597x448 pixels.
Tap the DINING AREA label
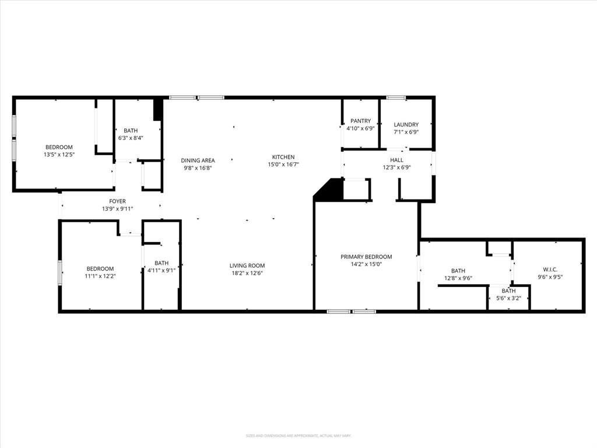[x=198, y=160]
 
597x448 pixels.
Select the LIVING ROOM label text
[x=247, y=265]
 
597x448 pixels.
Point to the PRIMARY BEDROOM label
[x=366, y=257]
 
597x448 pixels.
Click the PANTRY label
[x=360, y=121]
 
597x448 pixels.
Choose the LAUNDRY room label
[x=406, y=124]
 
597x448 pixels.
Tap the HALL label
[x=396, y=160]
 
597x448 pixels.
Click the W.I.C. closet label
[x=550, y=269]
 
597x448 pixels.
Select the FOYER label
[x=117, y=201]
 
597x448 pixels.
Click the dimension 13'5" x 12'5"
[x=59, y=155]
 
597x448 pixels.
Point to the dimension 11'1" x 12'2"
[x=100, y=276]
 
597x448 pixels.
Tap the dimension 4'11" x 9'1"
[x=161, y=270]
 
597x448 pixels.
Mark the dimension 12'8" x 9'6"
[x=458, y=278]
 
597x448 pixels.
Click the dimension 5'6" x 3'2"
[x=508, y=299]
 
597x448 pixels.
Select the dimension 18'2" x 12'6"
[x=247, y=273]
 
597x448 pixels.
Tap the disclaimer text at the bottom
[x=298, y=436]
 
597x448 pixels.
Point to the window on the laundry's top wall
[x=396, y=97]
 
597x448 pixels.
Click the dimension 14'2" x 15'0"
[x=366, y=264]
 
